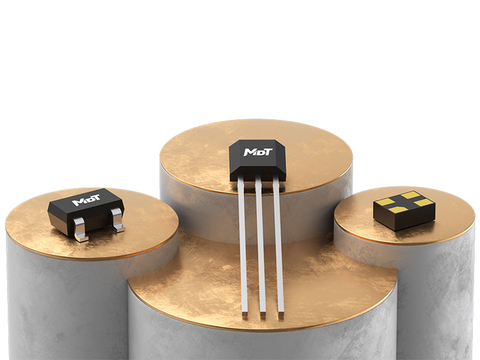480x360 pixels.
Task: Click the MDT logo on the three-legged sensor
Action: click(x=258, y=152)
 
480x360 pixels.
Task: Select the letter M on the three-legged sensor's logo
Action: click(x=249, y=152)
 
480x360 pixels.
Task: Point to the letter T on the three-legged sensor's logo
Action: click(x=267, y=152)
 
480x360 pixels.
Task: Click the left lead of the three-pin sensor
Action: click(x=243, y=248)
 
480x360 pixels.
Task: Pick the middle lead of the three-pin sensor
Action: click(x=261, y=248)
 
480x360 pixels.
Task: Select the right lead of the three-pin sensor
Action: click(x=279, y=248)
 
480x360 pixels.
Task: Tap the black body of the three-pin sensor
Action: click(x=258, y=160)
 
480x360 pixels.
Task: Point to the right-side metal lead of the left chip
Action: click(x=118, y=219)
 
